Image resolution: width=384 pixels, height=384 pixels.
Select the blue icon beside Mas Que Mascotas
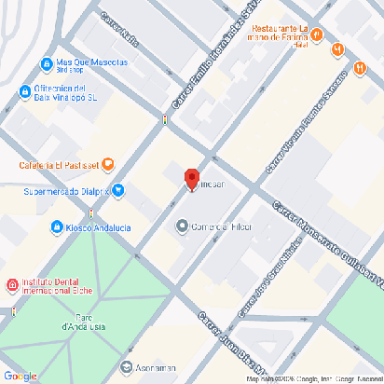coord(46,63)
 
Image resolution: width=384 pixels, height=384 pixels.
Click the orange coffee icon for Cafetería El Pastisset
coord(108,165)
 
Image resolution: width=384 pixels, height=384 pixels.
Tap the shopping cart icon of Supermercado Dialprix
coord(118,192)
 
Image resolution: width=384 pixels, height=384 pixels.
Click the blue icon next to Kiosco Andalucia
coord(57,226)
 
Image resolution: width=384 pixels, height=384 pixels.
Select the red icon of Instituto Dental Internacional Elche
coord(11,284)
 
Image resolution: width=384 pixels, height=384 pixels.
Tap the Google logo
coord(20,375)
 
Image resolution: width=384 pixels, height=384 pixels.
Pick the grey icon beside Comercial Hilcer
coord(183,225)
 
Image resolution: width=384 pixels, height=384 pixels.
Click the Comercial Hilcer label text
coord(222,225)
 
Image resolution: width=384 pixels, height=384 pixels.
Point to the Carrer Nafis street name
coord(117,30)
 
